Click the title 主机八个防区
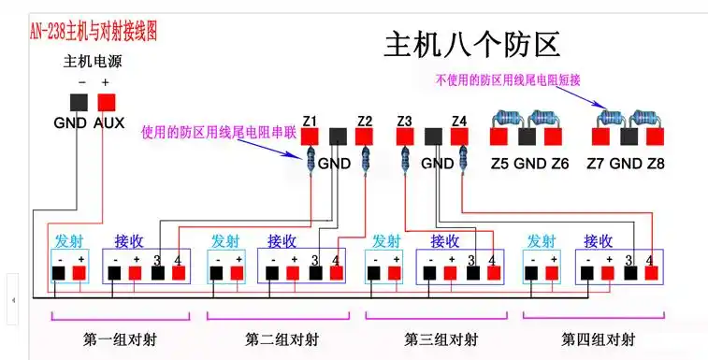pos(471,43)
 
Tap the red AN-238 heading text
pos(94,31)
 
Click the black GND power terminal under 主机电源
pos(79,102)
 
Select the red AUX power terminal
pos(107,102)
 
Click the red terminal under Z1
pos(311,137)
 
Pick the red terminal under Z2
pos(365,137)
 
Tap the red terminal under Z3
pos(405,137)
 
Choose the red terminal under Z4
pos(458,137)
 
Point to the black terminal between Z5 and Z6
pos(528,137)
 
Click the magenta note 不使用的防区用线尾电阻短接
pos(508,81)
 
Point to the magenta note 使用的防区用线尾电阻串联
pos(219,133)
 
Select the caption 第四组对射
pos(598,337)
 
